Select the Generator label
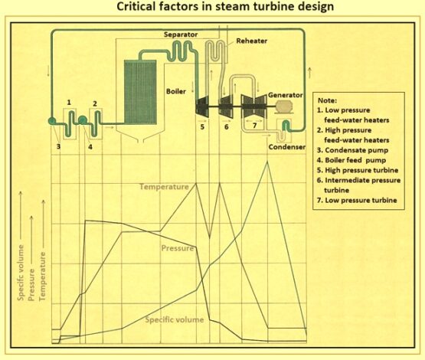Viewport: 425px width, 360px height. tap(285, 95)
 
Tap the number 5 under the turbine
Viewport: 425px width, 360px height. tap(203, 127)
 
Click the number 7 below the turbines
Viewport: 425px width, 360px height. tap(255, 124)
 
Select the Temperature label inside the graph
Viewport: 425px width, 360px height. tap(164, 186)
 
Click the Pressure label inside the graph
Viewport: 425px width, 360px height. tap(178, 248)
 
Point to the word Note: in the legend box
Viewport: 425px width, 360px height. tap(327, 100)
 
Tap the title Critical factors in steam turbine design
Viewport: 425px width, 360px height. tap(211, 8)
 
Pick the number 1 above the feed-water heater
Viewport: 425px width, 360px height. tap(69, 102)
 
